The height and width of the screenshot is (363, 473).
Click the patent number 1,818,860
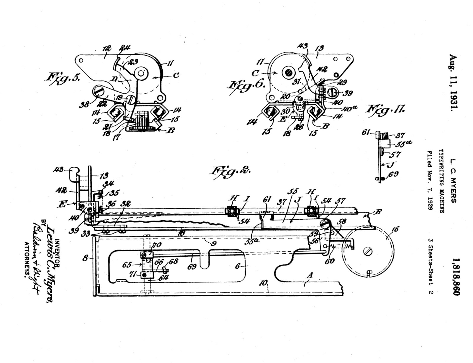(x=455, y=276)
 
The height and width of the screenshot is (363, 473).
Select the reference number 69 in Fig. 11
(x=393, y=174)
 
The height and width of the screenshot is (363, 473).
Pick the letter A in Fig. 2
(x=310, y=276)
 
